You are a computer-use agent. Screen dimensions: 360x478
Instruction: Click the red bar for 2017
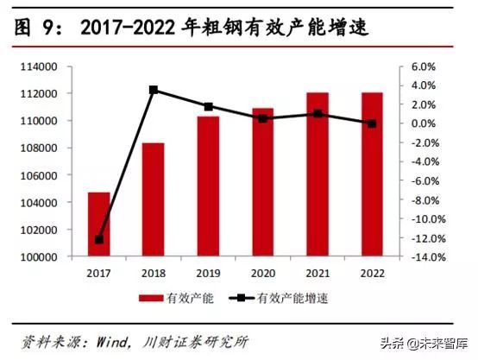pyautogui.click(x=98, y=224)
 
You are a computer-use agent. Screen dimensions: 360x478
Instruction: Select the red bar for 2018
pyautogui.click(x=153, y=199)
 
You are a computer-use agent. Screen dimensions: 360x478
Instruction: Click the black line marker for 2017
pyautogui.click(x=98, y=239)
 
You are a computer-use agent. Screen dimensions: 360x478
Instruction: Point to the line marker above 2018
pyautogui.click(x=153, y=90)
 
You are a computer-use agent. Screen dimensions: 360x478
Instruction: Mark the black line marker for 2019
pyautogui.click(x=208, y=107)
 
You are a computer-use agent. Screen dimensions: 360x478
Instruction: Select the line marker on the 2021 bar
pyautogui.click(x=318, y=113)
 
